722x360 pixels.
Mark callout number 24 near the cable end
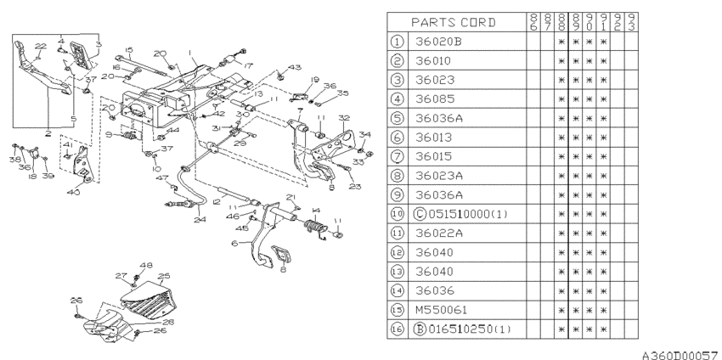[x=200, y=219]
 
